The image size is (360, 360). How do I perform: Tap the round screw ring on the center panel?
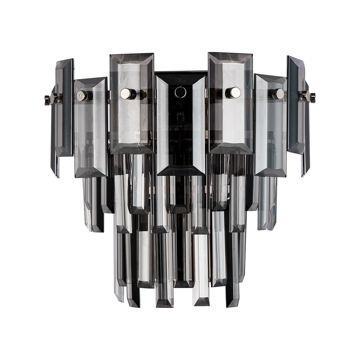coord(180,92)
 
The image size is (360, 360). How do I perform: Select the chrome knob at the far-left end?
coord(47,100)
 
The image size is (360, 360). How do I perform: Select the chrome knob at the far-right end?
coord(312,98)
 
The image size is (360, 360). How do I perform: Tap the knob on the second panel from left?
coord(82,96)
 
